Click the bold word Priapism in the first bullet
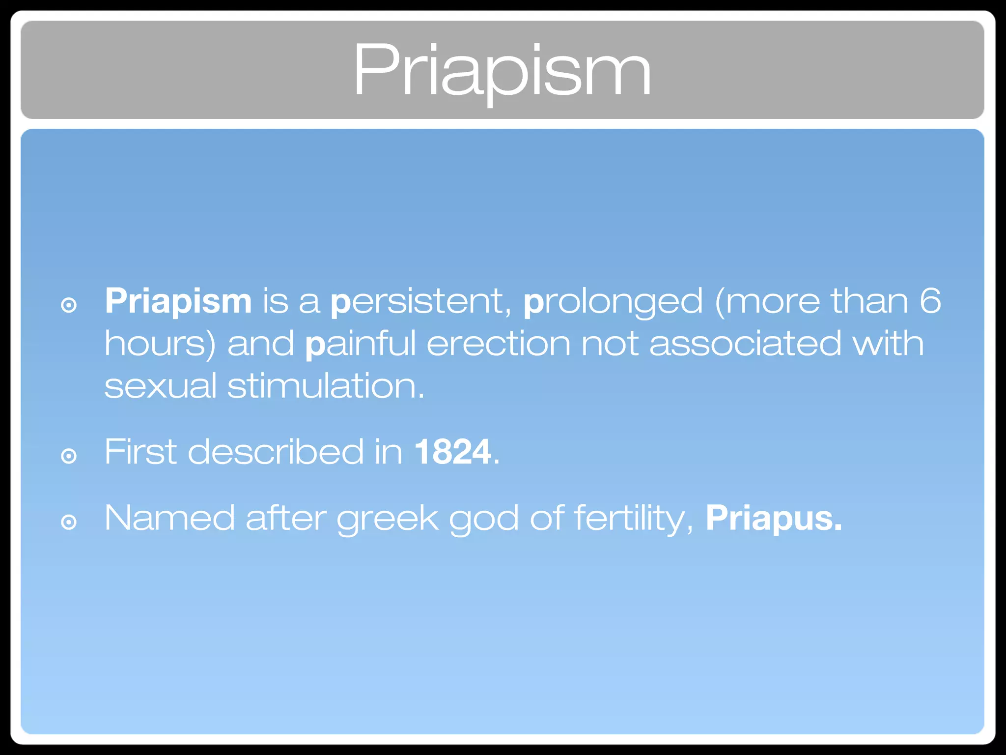click(x=178, y=301)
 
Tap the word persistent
click(x=421, y=301)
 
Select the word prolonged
click(x=613, y=301)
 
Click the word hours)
click(x=160, y=343)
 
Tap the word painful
click(x=361, y=343)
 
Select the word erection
click(x=498, y=343)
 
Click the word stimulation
click(x=325, y=386)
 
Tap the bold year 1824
click(x=452, y=452)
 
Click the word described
click(x=276, y=452)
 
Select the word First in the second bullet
click(x=140, y=452)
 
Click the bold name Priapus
click(x=774, y=518)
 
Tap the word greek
click(x=388, y=518)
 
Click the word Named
click(x=169, y=518)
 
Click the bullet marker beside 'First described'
click(x=69, y=456)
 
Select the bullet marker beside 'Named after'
click(x=69, y=522)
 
